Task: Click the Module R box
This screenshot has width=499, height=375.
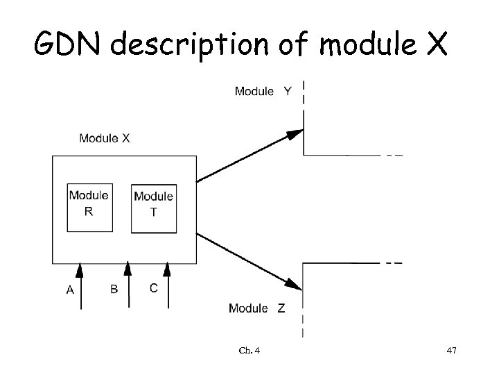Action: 89,207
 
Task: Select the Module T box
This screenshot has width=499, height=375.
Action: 153,208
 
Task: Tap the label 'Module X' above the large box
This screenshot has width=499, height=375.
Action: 104,138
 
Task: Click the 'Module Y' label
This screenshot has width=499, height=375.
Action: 263,91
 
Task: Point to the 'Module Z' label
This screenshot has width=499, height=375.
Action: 256,308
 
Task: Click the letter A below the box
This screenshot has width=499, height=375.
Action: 70,291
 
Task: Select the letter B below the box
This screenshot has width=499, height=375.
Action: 114,290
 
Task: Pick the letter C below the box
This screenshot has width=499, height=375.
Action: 154,287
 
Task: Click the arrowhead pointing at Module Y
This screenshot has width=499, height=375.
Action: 296,135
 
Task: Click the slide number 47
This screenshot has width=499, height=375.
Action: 451,352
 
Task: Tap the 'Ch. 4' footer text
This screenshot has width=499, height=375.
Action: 250,352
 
